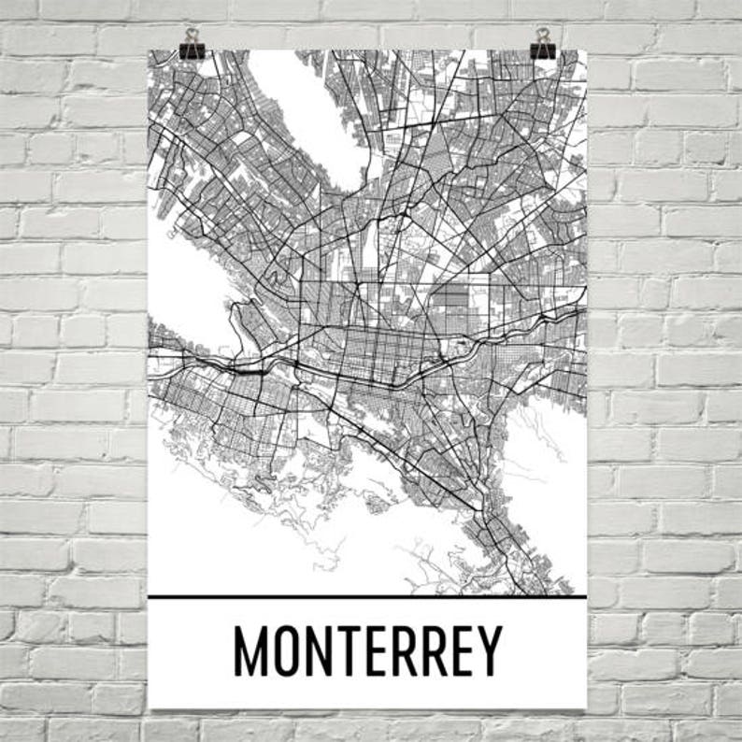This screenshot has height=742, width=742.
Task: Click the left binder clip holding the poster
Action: (193, 43)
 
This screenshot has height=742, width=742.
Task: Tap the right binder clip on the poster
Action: (542, 43)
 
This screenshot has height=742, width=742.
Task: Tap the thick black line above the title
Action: (367, 596)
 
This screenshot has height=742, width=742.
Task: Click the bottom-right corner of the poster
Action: (586, 707)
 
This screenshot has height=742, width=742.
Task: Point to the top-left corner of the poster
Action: (150, 51)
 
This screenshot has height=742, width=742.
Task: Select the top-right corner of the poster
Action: (586, 51)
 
